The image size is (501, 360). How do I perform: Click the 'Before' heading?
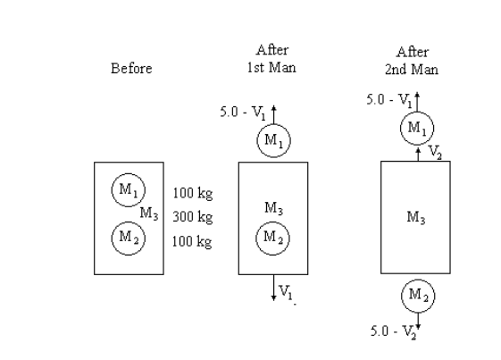pyautogui.click(x=131, y=69)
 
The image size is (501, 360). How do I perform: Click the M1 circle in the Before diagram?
pyautogui.click(x=124, y=188)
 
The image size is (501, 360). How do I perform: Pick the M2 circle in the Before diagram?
pyautogui.click(x=124, y=238)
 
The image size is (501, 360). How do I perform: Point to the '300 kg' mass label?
pyautogui.click(x=192, y=217)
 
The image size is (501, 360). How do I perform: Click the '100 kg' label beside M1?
pyautogui.click(x=192, y=192)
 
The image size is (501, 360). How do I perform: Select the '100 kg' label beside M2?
pyautogui.click(x=192, y=242)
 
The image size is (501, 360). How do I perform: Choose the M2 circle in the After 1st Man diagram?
pyautogui.click(x=272, y=238)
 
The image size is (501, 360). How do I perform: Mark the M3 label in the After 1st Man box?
pyautogui.click(x=274, y=208)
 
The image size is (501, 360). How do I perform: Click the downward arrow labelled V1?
pyautogui.click(x=274, y=288)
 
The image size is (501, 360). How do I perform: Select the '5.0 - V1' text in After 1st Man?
pyautogui.click(x=239, y=113)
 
